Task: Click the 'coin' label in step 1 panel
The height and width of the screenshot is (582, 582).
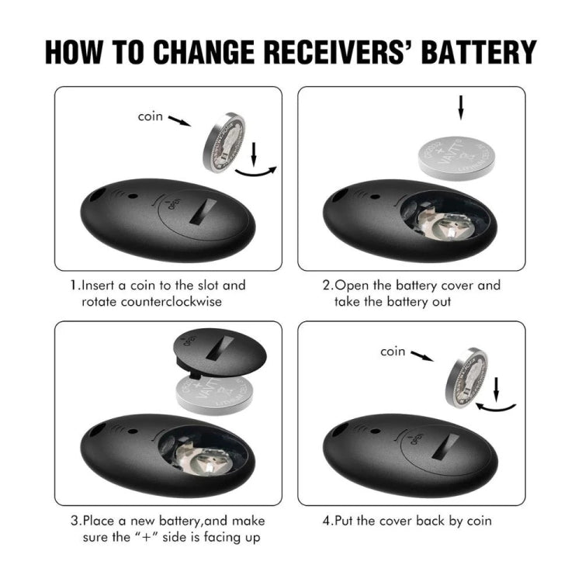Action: [151, 116]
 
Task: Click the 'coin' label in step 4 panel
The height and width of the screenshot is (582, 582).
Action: [393, 352]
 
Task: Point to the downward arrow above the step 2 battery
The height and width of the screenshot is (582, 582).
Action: [461, 107]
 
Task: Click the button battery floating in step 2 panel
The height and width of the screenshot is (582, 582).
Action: [456, 155]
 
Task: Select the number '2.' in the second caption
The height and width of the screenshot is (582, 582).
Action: [328, 286]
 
